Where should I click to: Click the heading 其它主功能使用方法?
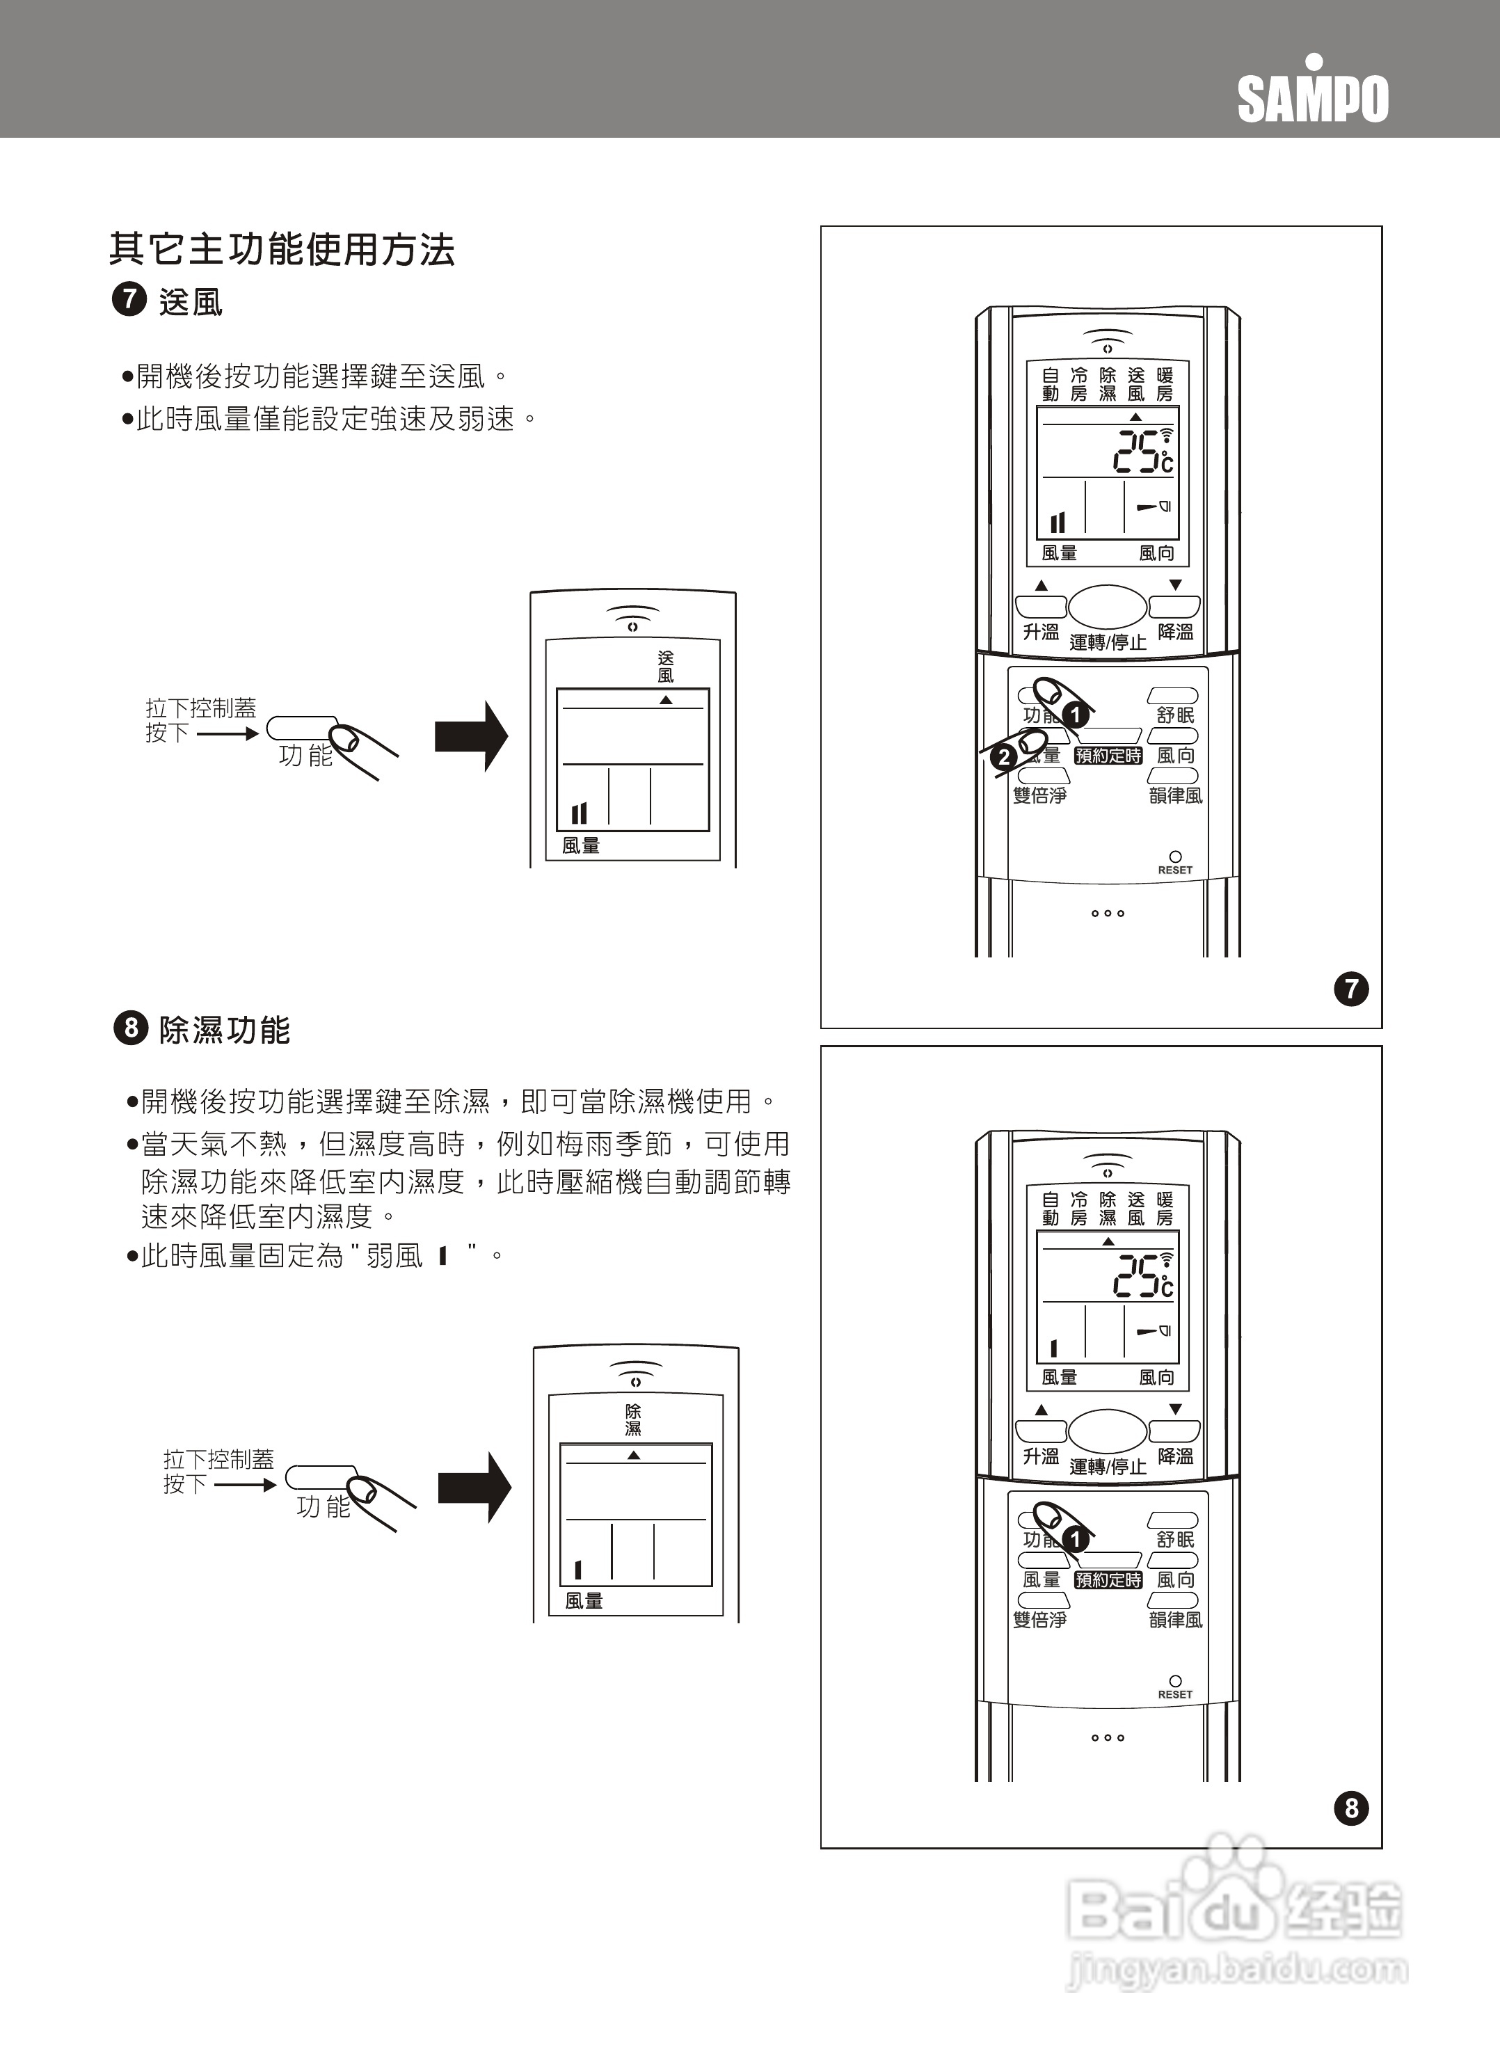[282, 250]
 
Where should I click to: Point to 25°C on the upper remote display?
[1142, 452]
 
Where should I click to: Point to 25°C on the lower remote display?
[1142, 1276]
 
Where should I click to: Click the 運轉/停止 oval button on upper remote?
[1107, 607]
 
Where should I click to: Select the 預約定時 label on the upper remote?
[1108, 756]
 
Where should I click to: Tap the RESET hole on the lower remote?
[1175, 1682]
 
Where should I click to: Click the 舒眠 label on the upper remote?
[1175, 715]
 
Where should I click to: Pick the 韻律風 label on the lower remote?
[1175, 1620]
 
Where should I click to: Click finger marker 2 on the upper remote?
[1003, 757]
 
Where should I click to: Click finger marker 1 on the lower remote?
[1075, 1539]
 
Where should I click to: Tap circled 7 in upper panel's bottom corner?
[1351, 988]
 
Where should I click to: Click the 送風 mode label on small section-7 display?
[666, 667]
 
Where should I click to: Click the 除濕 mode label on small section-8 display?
[633, 1420]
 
